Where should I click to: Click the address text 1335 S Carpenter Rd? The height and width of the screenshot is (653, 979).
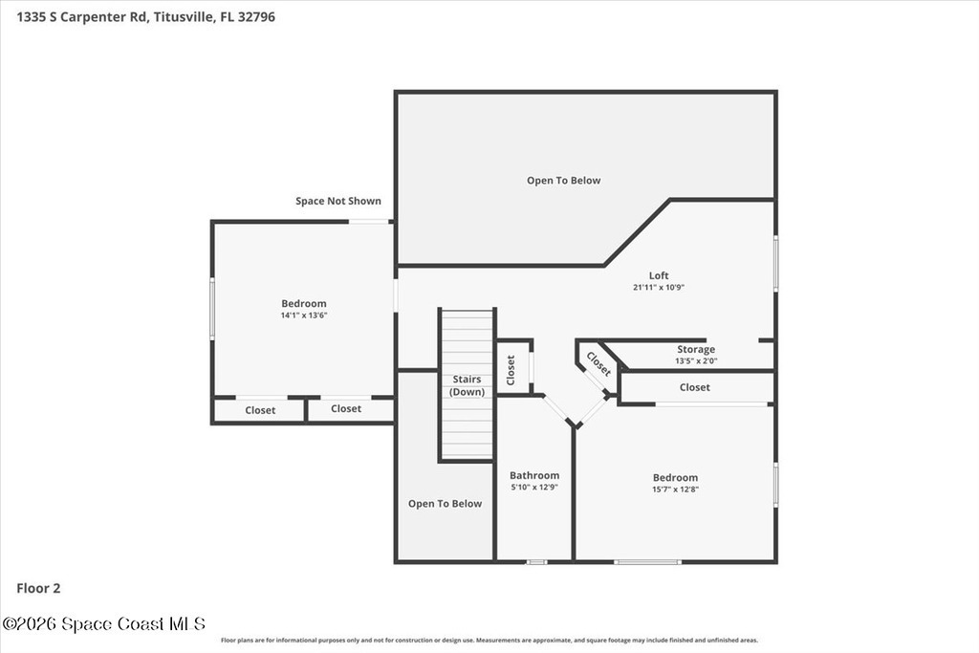[x=81, y=17]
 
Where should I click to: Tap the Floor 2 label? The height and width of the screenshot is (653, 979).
[x=38, y=588]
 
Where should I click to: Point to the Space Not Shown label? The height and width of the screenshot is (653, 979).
[x=338, y=201]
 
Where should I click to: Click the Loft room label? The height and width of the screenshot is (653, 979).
[x=659, y=275]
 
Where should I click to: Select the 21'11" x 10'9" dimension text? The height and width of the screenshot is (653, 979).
[x=659, y=288]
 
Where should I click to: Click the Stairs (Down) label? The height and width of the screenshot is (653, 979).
[x=467, y=386]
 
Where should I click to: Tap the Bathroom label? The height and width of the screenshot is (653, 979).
[x=534, y=476]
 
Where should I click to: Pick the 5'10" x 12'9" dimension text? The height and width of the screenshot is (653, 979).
[x=534, y=488]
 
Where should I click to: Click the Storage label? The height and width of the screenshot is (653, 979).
[x=696, y=350]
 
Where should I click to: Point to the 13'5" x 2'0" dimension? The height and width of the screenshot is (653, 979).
[x=696, y=360]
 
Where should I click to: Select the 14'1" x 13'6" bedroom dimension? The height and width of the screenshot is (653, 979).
[x=304, y=316]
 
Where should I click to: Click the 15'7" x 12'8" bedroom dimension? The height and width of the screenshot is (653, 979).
[x=676, y=490]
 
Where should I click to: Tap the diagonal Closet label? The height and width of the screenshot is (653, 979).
[x=598, y=365]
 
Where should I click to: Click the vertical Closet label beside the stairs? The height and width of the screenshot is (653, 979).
[x=511, y=370]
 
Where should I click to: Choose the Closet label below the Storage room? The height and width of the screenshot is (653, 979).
[x=695, y=387]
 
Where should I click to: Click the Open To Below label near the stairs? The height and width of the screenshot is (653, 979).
[x=446, y=504]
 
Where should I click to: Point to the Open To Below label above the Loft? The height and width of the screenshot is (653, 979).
[x=564, y=181]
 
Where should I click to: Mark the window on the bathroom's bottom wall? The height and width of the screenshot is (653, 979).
[x=537, y=562]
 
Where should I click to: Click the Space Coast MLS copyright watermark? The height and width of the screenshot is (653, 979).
[x=103, y=623]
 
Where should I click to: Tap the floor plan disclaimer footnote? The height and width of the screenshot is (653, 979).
[x=489, y=641]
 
